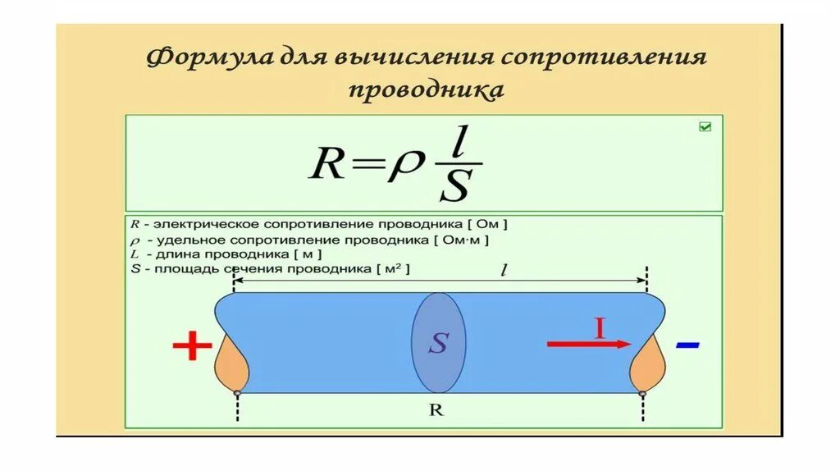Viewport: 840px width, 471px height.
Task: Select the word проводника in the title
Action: tap(426, 89)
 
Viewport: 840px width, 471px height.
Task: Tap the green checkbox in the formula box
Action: tap(705, 126)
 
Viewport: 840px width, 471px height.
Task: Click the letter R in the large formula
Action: tap(326, 165)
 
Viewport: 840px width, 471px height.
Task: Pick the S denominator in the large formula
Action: tap(454, 186)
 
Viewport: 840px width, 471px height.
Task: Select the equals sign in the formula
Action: tap(365, 166)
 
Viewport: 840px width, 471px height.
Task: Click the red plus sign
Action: tap(193, 347)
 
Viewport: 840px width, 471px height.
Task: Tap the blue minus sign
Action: tap(687, 345)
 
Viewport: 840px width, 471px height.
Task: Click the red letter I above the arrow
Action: tap(600, 329)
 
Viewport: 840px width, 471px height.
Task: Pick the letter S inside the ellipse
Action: tap(438, 344)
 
